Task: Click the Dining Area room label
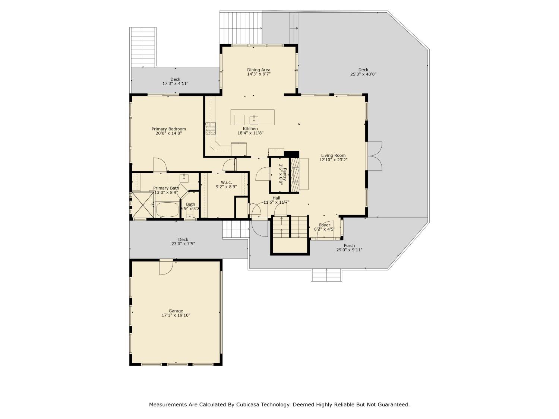(x=259, y=70)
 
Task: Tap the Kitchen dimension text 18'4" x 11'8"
(x=250, y=133)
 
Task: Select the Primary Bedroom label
(x=168, y=129)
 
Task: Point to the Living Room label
(x=333, y=155)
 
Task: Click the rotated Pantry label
(x=285, y=174)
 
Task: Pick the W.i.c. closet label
(x=226, y=182)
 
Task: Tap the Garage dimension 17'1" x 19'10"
(x=176, y=315)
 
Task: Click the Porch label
(x=349, y=245)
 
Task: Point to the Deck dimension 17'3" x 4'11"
(x=175, y=84)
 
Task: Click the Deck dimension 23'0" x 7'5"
(x=183, y=244)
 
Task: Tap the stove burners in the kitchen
(x=211, y=128)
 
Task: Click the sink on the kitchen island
(x=254, y=119)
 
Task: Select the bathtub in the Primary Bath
(x=167, y=209)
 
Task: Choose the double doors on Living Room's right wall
(x=375, y=156)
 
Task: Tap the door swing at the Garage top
(x=166, y=267)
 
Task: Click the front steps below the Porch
(x=326, y=275)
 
